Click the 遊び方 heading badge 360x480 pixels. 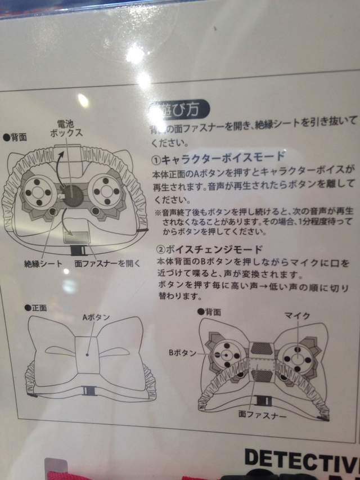click(179, 107)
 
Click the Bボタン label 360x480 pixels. click(183, 353)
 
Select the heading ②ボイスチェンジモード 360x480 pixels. click(211, 249)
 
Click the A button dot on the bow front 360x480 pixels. click(88, 355)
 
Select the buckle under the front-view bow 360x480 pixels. click(88, 391)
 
